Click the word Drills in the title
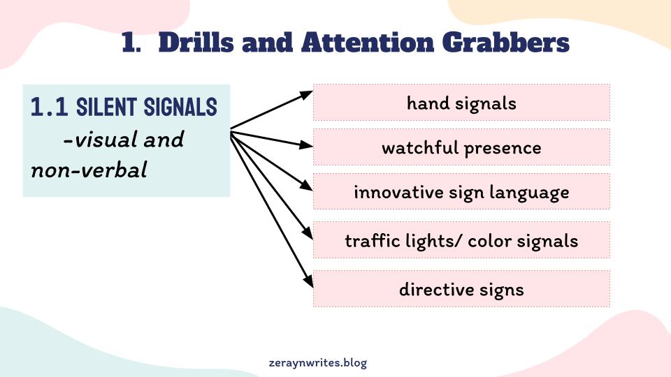pyautogui.click(x=196, y=43)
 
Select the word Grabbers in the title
pyautogui.click(x=505, y=43)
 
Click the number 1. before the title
pyautogui.click(x=131, y=43)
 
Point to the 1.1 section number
pyautogui.click(x=49, y=106)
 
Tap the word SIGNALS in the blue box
pyautogui.click(x=180, y=106)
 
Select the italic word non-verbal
pyautogui.click(x=89, y=170)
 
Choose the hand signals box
pyautogui.click(x=461, y=103)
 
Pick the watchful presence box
pyautogui.click(x=461, y=147)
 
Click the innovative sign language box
pyautogui.click(x=461, y=191)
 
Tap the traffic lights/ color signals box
pyautogui.click(x=461, y=239)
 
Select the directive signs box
pyautogui.click(x=461, y=288)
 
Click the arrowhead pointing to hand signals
pyautogui.click(x=307, y=95)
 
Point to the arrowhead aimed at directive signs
pyautogui.click(x=308, y=281)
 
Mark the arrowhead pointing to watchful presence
pyautogui.click(x=306, y=145)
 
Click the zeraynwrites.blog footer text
pyautogui.click(x=318, y=363)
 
